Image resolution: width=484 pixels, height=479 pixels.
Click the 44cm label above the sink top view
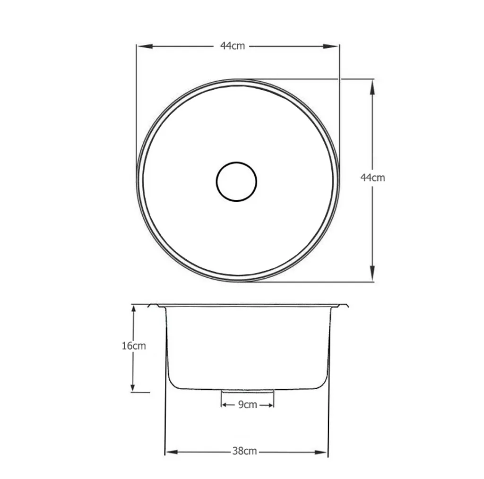[x=233, y=46]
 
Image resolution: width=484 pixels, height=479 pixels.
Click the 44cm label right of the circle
[x=372, y=178]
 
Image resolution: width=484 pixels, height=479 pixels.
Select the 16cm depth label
[x=134, y=346]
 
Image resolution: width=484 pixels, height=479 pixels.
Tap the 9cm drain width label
[x=247, y=405]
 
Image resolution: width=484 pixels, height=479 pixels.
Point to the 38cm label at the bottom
[x=244, y=451]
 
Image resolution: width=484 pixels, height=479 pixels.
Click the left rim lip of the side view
[x=154, y=306]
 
